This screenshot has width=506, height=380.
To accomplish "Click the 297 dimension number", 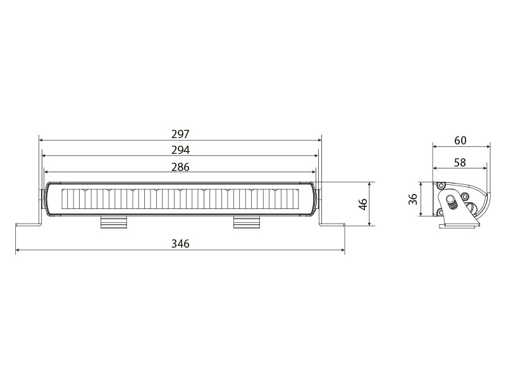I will [180, 134].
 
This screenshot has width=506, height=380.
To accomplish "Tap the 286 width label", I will [180, 167].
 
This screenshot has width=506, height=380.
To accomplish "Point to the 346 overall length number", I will [180, 244].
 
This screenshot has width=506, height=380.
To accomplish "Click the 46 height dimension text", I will [363, 204].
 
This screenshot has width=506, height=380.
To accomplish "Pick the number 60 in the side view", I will [460, 140].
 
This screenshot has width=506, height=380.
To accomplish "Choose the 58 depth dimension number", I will [460, 162].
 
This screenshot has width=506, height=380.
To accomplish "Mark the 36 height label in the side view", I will [412, 199].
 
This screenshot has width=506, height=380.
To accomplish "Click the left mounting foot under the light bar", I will [114, 221].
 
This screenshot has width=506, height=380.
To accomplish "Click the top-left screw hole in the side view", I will [440, 186].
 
